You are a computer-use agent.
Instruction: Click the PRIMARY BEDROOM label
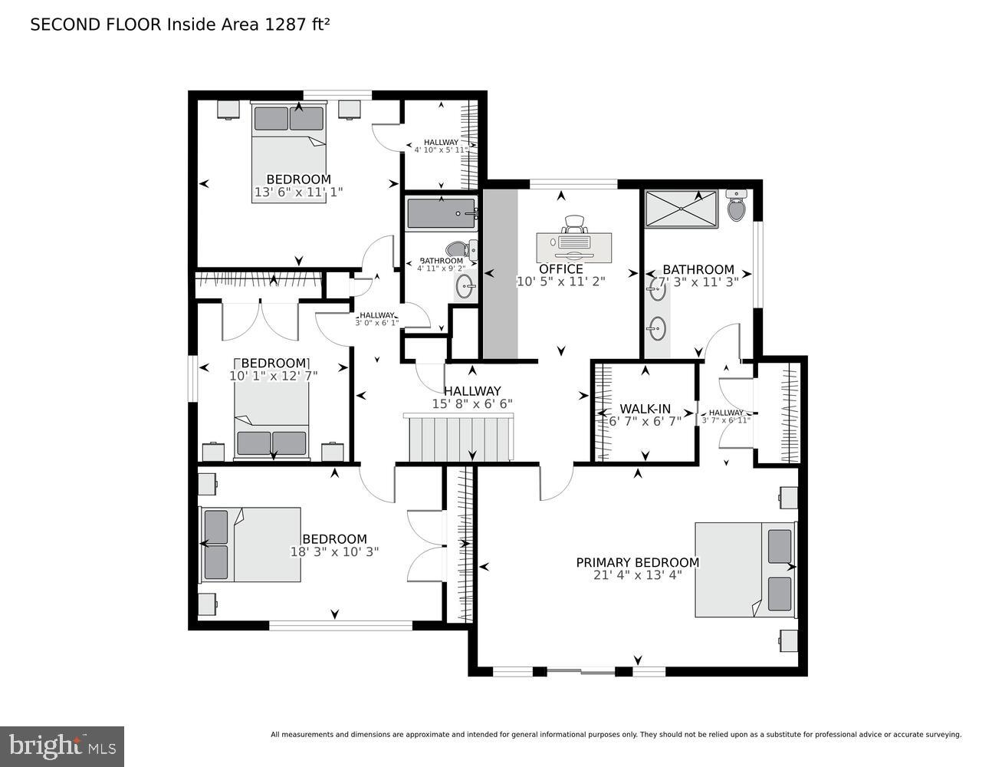click(x=637, y=562)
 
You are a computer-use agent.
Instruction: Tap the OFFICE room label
click(x=560, y=269)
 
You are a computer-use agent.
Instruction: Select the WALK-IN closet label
click(x=645, y=408)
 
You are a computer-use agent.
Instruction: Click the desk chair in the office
click(x=574, y=225)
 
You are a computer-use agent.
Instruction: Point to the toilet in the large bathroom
click(x=736, y=206)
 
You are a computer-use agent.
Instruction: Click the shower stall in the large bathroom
click(x=681, y=209)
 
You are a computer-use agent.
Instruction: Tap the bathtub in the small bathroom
click(x=441, y=213)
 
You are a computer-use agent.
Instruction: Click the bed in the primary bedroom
click(x=745, y=569)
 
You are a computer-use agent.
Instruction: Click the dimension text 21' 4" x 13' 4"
click(x=637, y=575)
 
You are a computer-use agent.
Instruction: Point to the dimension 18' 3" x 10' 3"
click(x=334, y=551)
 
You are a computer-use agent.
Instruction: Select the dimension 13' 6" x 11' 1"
click(x=298, y=192)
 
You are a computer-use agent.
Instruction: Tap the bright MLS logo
click(x=62, y=746)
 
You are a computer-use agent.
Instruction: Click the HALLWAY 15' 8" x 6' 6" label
click(x=471, y=397)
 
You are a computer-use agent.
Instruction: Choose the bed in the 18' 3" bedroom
click(x=250, y=544)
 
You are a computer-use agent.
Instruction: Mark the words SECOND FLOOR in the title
click(x=96, y=25)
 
